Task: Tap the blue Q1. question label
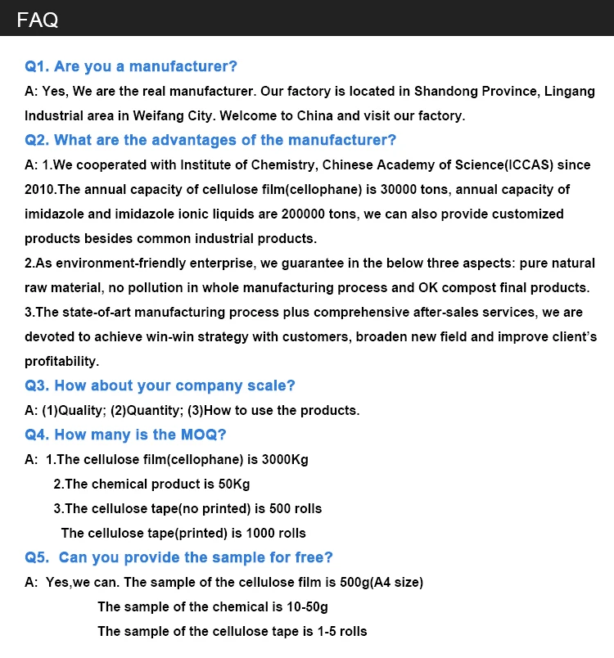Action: pyautogui.click(x=38, y=66)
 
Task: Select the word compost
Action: pyautogui.click(x=457, y=287)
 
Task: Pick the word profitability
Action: pyautogui.click(x=61, y=361)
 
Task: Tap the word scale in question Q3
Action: pyautogui.click(x=273, y=385)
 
